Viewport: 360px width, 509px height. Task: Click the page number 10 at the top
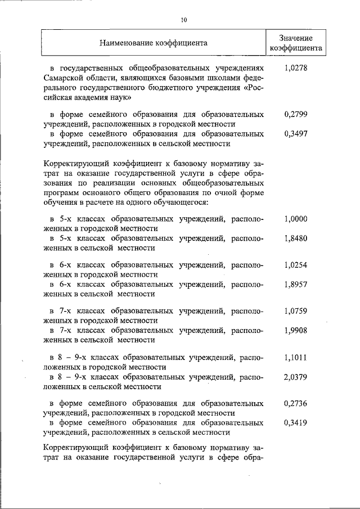tap(184, 20)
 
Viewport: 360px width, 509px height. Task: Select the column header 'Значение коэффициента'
tap(295, 43)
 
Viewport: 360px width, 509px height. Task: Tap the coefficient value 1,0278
tap(296, 68)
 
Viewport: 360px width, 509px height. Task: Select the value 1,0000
tap(296, 219)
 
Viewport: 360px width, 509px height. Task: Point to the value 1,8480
tap(296, 238)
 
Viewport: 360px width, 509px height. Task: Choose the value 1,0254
tap(296, 265)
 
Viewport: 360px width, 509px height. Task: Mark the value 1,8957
tap(296, 284)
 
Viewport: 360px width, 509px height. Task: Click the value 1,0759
tap(296, 310)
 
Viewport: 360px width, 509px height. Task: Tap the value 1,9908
tap(296, 330)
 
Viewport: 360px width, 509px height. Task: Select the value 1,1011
tap(296, 357)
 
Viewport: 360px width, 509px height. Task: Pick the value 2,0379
tap(296, 376)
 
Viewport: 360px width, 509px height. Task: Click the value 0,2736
tap(296, 403)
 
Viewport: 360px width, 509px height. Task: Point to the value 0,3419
tap(296, 422)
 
